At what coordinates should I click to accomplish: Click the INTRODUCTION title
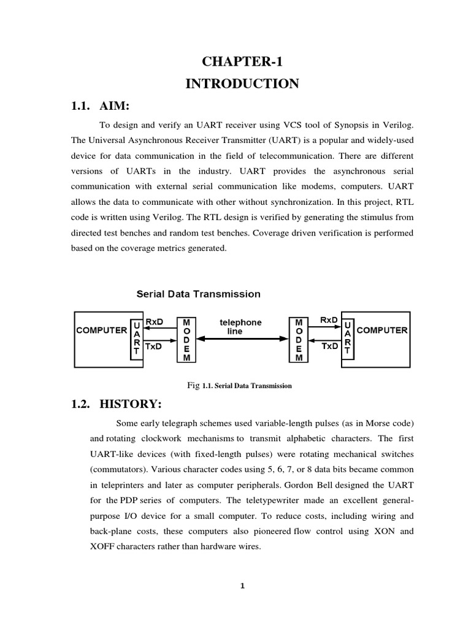242,83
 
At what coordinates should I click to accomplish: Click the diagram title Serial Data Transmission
198,294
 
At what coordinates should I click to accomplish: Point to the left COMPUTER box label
101,330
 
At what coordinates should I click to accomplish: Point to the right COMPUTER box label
381,330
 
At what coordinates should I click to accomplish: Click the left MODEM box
186,340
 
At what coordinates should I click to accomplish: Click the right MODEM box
299,340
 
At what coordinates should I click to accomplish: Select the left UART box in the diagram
136,339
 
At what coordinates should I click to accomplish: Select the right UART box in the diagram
348,339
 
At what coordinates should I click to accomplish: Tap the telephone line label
240,326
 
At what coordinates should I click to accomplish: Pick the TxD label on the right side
330,346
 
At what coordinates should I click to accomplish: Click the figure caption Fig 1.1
239,386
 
